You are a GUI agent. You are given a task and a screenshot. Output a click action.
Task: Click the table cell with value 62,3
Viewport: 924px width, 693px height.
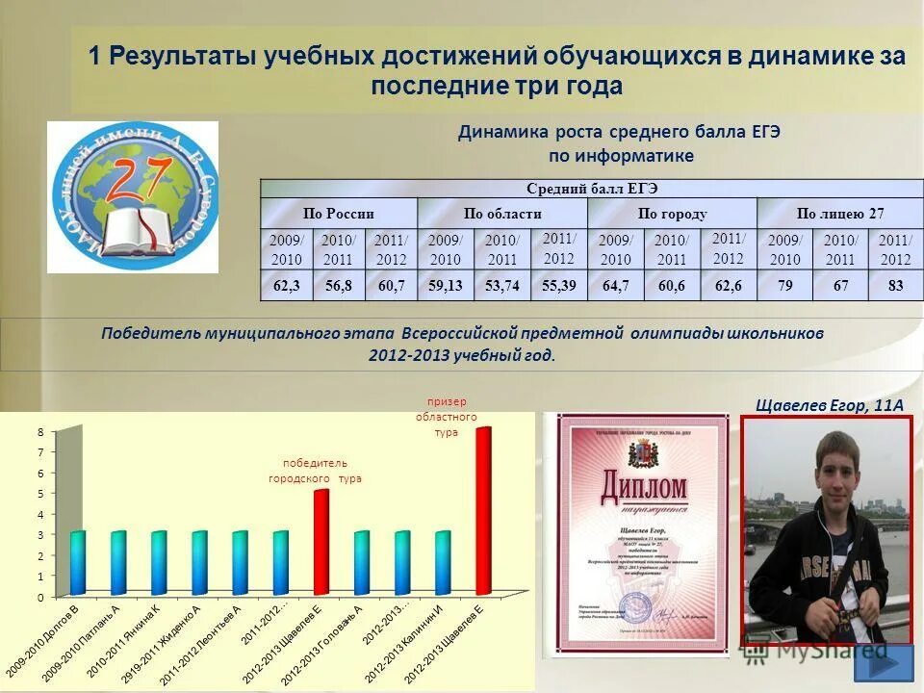[x=288, y=286]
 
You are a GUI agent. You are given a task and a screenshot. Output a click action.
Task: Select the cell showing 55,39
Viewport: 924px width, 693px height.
[x=559, y=286]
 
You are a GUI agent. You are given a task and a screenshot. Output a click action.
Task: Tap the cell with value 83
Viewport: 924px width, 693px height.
[x=896, y=286]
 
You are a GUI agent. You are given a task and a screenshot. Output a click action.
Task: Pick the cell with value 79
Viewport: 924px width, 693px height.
[x=784, y=286]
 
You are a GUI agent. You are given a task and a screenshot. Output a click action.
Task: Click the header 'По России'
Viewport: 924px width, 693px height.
[x=339, y=214]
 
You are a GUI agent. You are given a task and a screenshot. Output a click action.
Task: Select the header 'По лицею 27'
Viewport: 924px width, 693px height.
[x=839, y=214]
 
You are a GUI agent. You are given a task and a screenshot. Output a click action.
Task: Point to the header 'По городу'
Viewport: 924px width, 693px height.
[x=672, y=214]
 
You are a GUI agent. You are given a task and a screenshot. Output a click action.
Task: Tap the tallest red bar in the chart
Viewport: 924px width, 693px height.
[x=483, y=510]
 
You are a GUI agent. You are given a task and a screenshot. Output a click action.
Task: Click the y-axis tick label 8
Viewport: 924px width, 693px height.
[x=40, y=432]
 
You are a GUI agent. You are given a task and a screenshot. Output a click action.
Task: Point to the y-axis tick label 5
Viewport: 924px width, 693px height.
[x=40, y=494]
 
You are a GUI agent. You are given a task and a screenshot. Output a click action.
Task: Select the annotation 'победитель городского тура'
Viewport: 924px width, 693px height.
[x=315, y=471]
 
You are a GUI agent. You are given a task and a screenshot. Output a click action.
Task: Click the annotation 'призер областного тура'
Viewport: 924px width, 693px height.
[x=446, y=417]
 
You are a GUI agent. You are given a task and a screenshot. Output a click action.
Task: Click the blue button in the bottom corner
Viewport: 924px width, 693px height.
[x=883, y=663]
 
